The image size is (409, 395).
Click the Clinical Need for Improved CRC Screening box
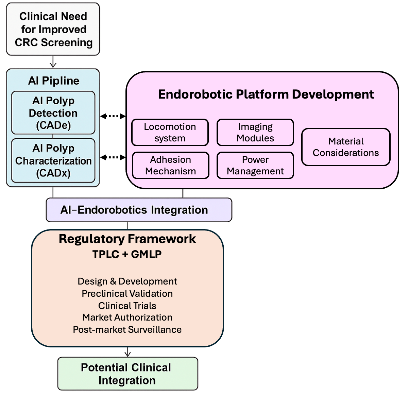pyautogui.click(x=53, y=30)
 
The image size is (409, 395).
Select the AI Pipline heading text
pyautogui.click(x=53, y=81)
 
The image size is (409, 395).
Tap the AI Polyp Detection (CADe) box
pyautogui.click(x=53, y=113)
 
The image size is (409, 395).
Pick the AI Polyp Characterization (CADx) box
pyautogui.click(x=53, y=160)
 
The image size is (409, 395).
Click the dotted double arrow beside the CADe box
pyautogui.click(x=113, y=116)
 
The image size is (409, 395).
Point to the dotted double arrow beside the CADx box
pyautogui.click(x=113, y=157)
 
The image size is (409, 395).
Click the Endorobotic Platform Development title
pyautogui.click(x=266, y=95)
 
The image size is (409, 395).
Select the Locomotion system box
pyautogui.click(x=170, y=132)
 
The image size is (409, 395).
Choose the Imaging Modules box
pyautogui.click(x=255, y=132)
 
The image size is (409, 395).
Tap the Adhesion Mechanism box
pyautogui.click(x=170, y=165)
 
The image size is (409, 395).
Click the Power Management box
pyautogui.click(x=255, y=165)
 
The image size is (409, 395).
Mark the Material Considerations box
pyautogui.click(x=346, y=147)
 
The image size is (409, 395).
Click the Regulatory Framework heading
pyautogui.click(x=127, y=239)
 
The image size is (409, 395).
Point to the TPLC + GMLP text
pyautogui.click(x=127, y=254)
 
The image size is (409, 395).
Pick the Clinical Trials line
pyautogui.click(x=127, y=306)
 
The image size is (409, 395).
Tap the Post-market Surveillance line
pyautogui.click(x=127, y=329)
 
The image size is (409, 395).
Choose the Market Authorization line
pyautogui.click(x=127, y=317)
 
